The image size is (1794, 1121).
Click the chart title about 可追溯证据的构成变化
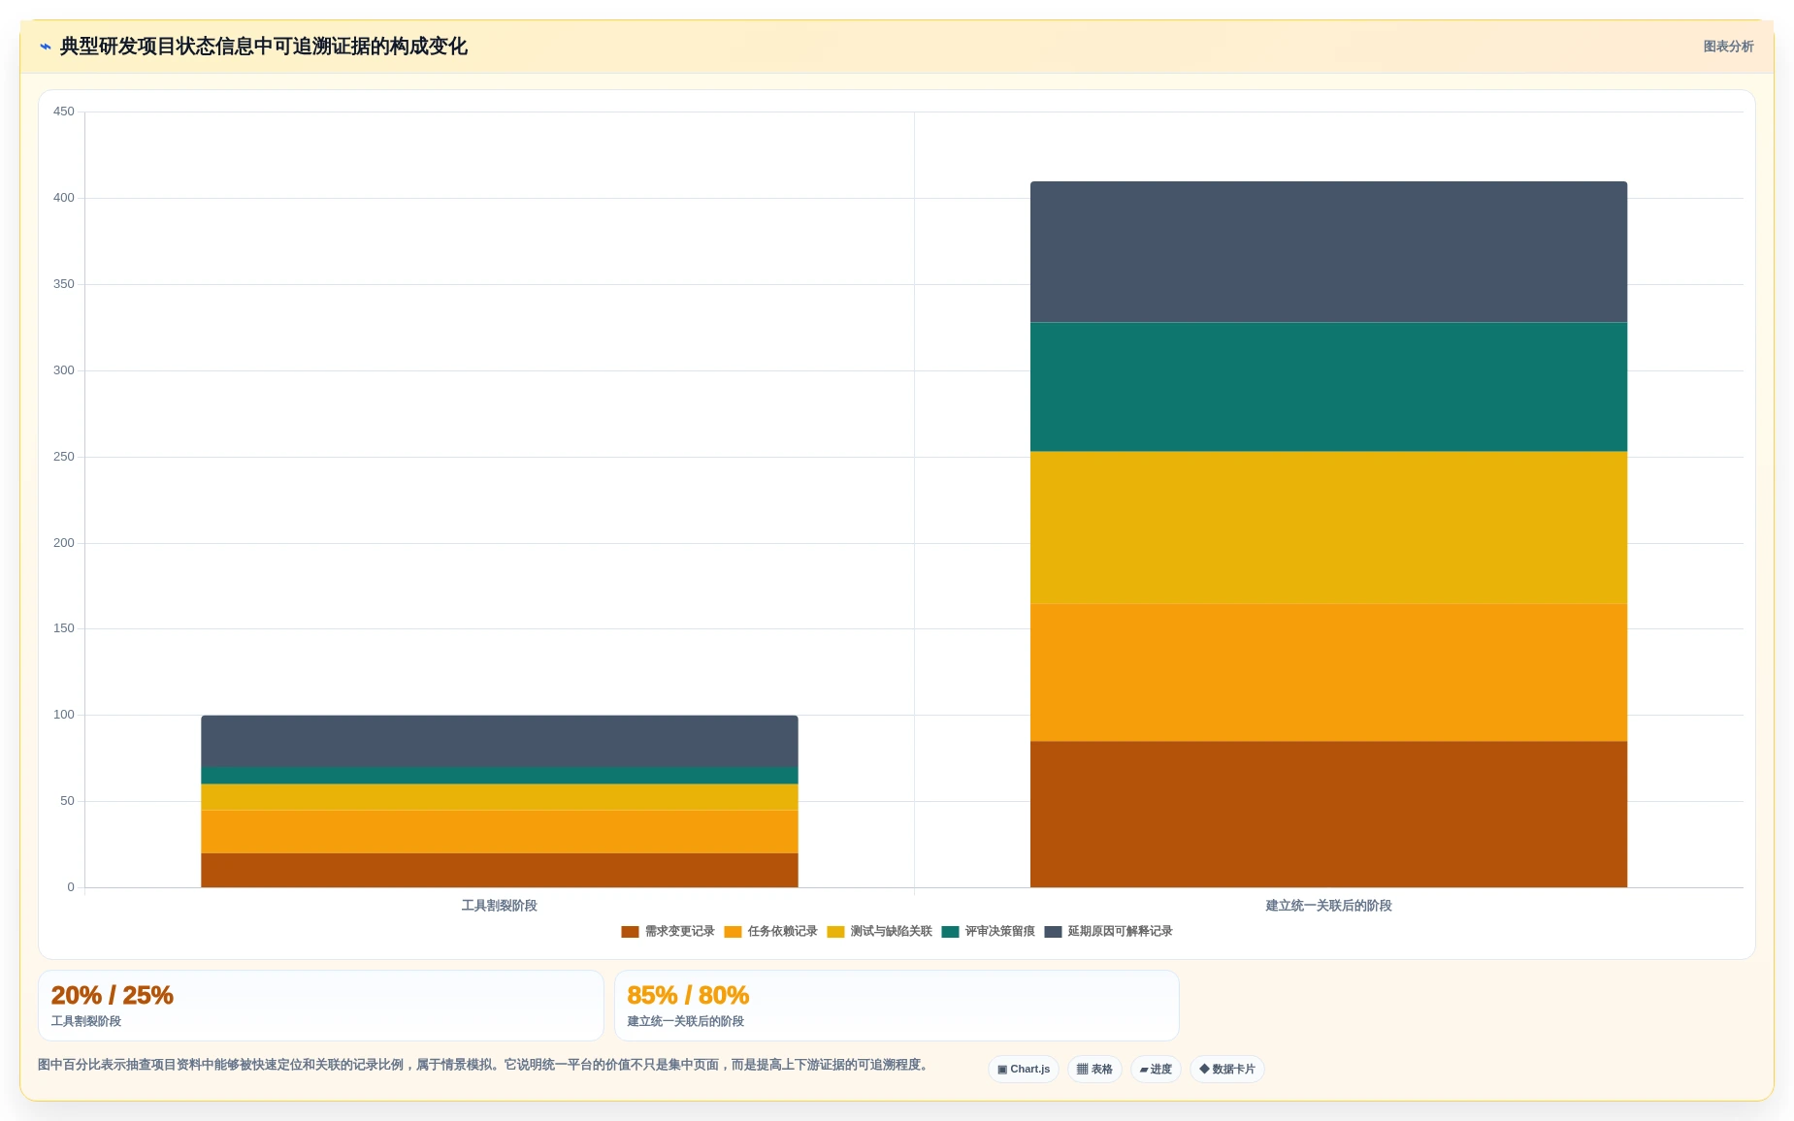tap(263, 47)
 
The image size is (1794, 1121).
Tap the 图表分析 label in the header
tap(1728, 47)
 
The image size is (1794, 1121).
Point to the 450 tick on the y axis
tap(63, 112)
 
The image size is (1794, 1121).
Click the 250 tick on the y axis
tap(63, 457)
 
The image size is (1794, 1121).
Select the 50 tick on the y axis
tap(67, 801)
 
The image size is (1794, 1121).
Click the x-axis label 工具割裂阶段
tap(499, 906)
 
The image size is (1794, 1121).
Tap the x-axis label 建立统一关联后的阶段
tap(1328, 906)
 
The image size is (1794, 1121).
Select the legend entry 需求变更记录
tap(668, 932)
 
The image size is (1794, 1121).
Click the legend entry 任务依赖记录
tap(770, 932)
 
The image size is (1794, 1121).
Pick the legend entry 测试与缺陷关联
tap(879, 932)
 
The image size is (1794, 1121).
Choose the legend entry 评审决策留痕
tap(988, 932)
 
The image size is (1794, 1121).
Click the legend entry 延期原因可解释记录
tap(1108, 932)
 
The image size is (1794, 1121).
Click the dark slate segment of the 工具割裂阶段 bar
tap(500, 741)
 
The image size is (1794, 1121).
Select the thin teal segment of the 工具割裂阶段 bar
tap(500, 776)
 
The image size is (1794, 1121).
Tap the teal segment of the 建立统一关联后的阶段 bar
tap(1328, 387)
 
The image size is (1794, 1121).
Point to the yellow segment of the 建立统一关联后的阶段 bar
tap(1328, 528)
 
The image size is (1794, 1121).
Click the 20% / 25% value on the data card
tap(113, 996)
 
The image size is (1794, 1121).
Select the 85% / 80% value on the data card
tap(688, 996)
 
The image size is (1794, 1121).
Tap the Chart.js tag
tap(1024, 1070)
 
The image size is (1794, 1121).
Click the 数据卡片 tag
tap(1227, 1070)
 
